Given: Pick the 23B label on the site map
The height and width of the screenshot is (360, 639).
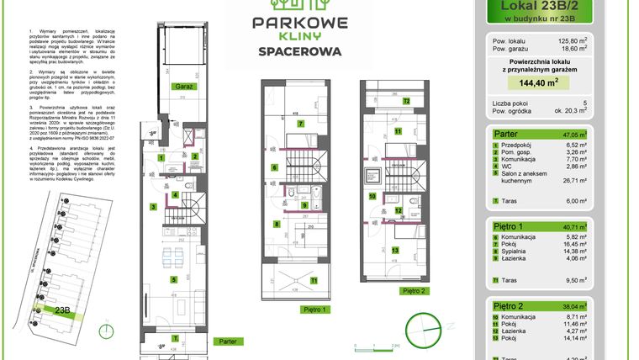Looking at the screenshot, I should (62, 310).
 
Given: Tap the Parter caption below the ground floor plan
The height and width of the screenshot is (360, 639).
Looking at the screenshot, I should (226, 341).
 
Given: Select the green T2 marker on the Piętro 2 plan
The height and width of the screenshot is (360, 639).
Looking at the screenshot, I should (406, 101).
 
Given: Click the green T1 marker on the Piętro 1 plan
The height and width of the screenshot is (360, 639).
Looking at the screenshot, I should (314, 279).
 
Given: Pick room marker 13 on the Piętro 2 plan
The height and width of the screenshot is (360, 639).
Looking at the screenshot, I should (395, 250).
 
